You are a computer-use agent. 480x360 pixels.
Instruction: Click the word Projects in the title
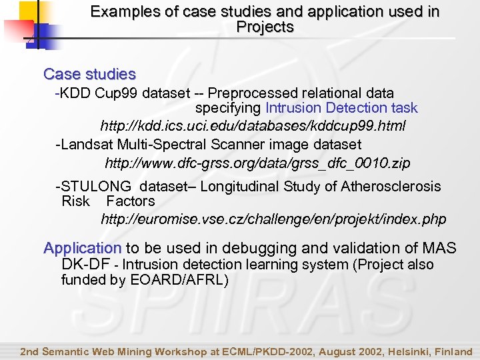coord(265,27)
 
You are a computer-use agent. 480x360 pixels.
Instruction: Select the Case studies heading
coord(89,74)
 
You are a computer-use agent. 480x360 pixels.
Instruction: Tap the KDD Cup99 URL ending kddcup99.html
coord(253,126)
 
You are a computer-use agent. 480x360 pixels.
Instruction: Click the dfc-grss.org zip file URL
coord(257,163)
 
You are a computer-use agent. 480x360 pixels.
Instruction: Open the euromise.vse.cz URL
coord(273,219)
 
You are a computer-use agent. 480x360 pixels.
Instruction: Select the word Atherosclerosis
coord(391,187)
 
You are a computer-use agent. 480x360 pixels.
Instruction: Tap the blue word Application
coord(82,249)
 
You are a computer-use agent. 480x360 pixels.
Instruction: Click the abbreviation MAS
coord(439,249)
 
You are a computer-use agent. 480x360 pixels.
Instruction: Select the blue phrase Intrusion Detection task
coord(341,108)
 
